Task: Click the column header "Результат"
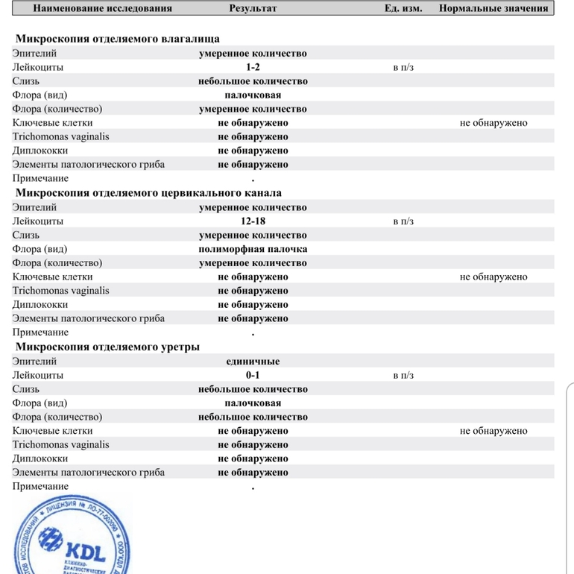pyautogui.click(x=253, y=9)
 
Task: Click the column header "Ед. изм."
pyautogui.click(x=403, y=9)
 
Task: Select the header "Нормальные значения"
pyautogui.click(x=493, y=9)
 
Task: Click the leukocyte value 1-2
pyautogui.click(x=253, y=67)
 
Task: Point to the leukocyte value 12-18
pyautogui.click(x=253, y=221)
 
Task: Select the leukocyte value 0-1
pyautogui.click(x=253, y=376)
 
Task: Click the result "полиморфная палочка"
pyautogui.click(x=253, y=249)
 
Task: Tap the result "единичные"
pyautogui.click(x=253, y=362)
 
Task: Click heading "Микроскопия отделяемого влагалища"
pyautogui.click(x=118, y=39)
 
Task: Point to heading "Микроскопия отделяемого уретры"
pyautogui.click(x=107, y=347)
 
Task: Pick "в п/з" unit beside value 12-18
pyautogui.click(x=403, y=221)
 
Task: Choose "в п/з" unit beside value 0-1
pyautogui.click(x=403, y=376)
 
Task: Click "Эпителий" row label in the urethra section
pyautogui.click(x=34, y=362)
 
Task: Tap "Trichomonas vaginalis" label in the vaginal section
pyautogui.click(x=60, y=136)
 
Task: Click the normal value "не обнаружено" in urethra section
pyautogui.click(x=493, y=431)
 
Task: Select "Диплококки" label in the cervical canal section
pyautogui.click(x=40, y=305)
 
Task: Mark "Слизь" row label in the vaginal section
pyautogui.click(x=26, y=81)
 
